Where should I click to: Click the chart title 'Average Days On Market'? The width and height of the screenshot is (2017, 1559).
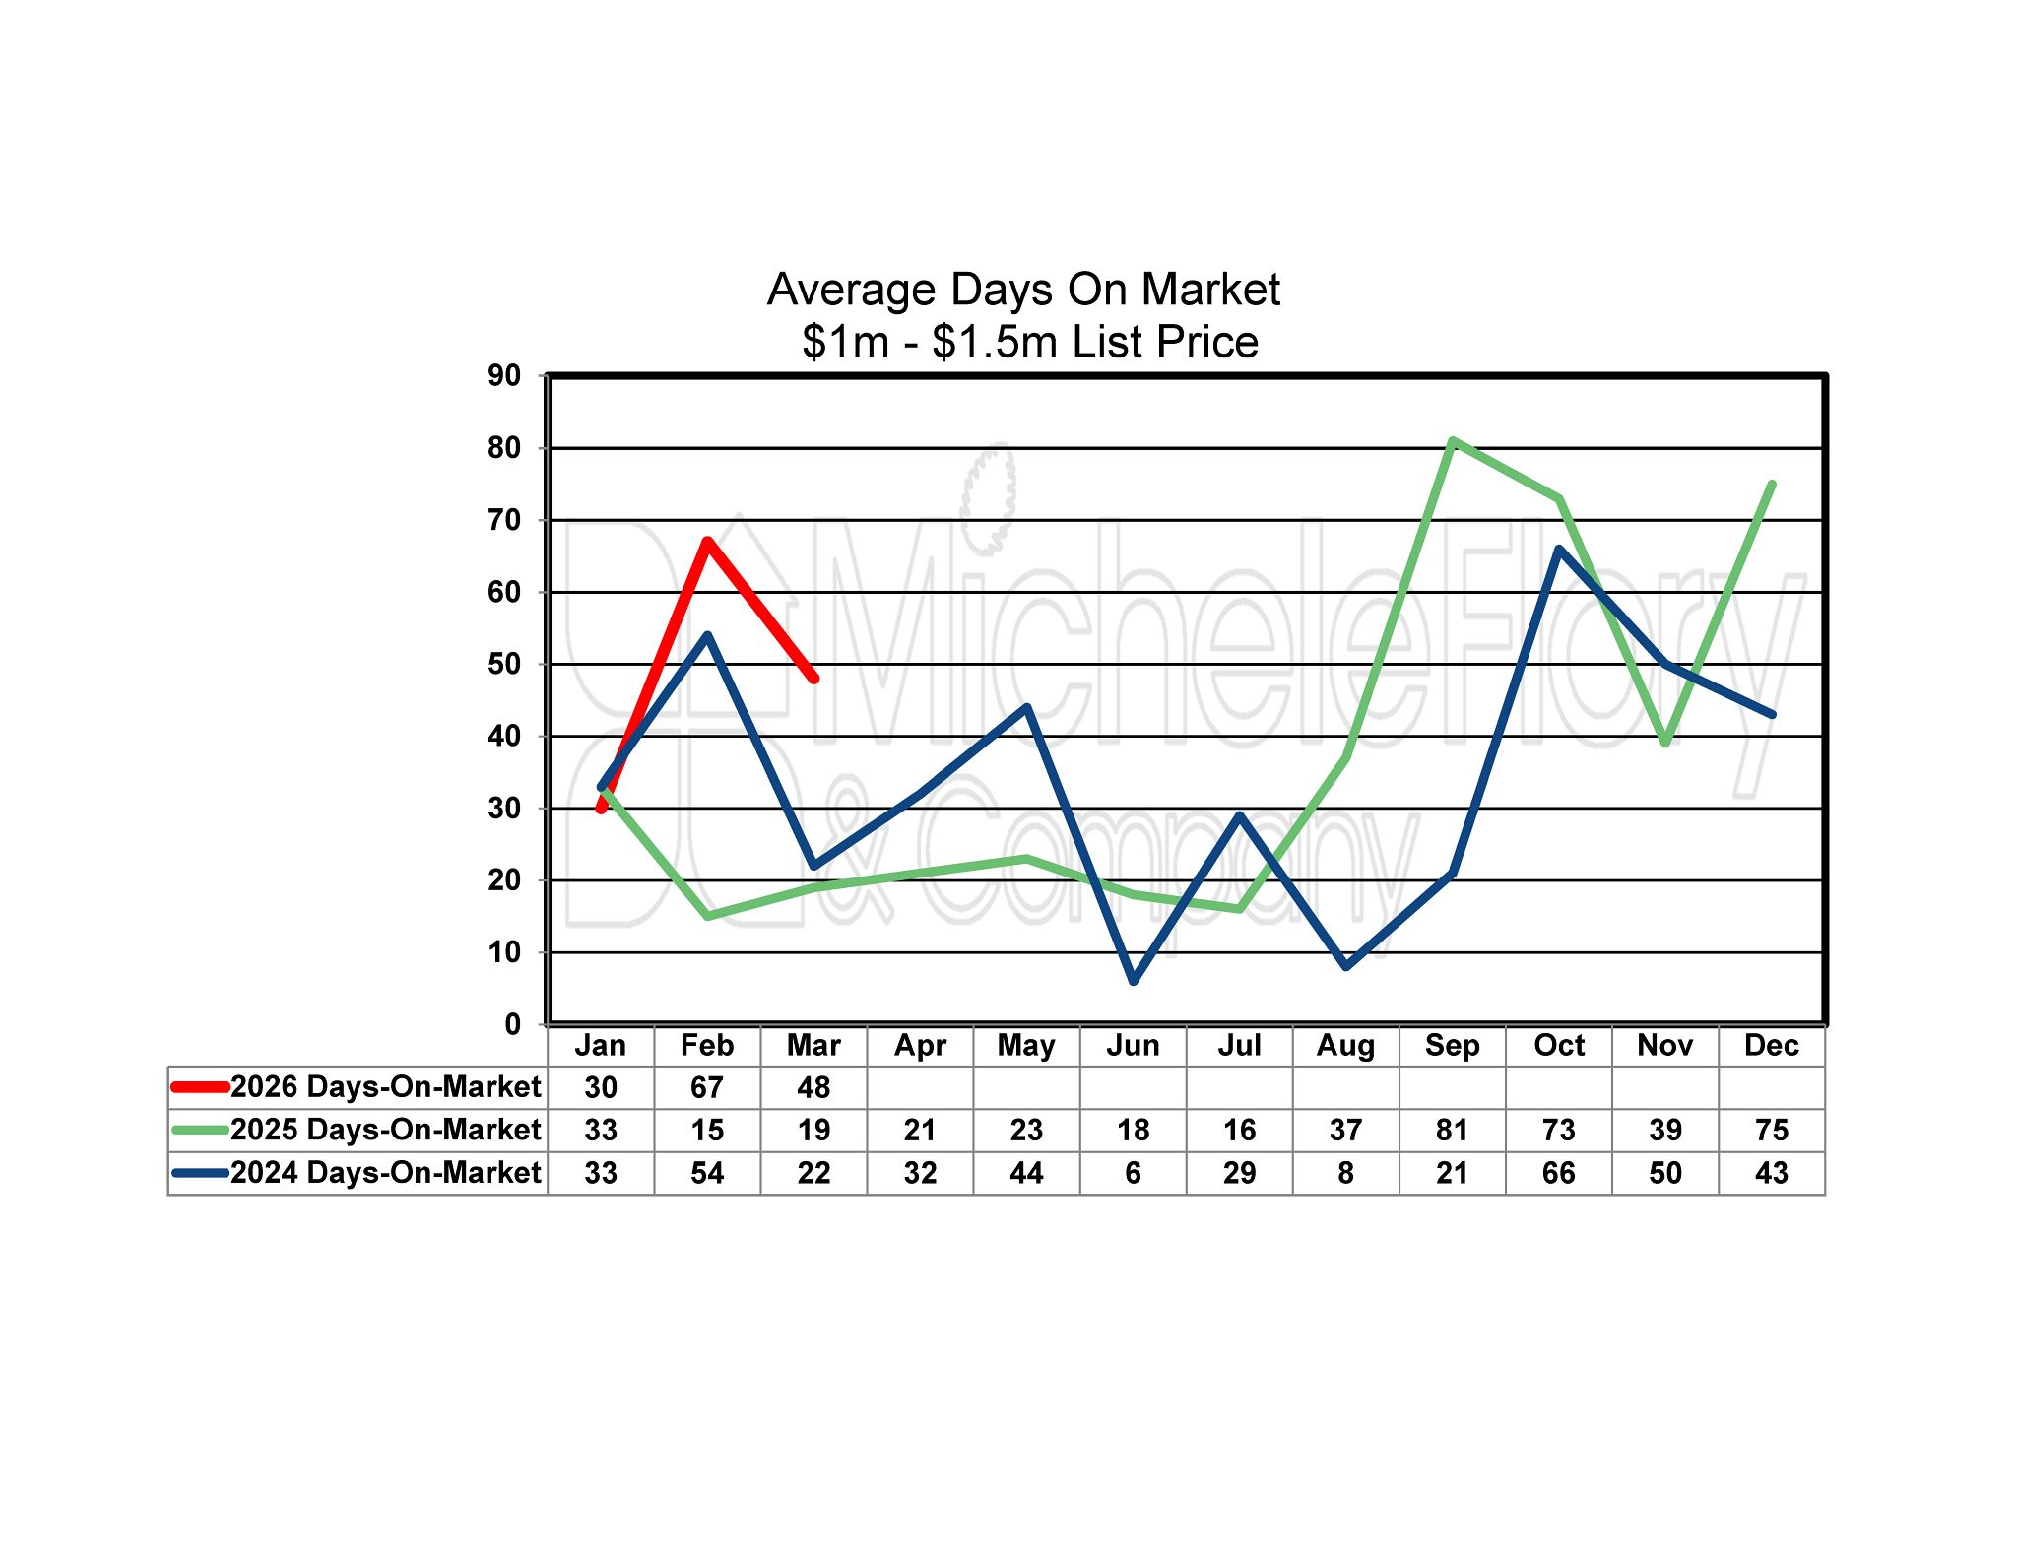(1023, 290)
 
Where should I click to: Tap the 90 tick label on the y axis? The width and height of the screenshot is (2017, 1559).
(504, 375)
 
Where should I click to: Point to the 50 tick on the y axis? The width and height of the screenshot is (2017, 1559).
(504, 664)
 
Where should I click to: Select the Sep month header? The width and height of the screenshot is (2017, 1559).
(1452, 1045)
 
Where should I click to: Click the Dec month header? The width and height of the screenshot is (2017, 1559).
(1771, 1045)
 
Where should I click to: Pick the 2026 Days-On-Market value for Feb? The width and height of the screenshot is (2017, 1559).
(707, 1087)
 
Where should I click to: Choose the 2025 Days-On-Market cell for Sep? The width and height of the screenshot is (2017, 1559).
(1452, 1130)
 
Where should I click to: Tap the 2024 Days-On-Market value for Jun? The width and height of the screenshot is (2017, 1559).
(1133, 1173)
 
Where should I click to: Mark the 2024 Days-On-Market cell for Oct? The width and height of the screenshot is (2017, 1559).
(1558, 1173)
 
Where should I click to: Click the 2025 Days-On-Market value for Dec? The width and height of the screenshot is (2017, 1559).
(1771, 1130)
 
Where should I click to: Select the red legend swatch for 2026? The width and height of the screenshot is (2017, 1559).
(200, 1087)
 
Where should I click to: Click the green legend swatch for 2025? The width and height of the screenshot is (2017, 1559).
(200, 1130)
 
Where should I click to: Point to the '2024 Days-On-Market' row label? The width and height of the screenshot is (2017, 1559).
(385, 1173)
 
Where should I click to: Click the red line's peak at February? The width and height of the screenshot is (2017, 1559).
(707, 541)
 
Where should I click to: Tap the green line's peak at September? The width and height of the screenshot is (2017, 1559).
(1453, 440)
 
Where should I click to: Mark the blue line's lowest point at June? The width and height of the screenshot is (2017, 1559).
(1134, 981)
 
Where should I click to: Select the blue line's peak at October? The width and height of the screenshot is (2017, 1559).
(1559, 549)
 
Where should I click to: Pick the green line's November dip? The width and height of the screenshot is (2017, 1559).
(1665, 744)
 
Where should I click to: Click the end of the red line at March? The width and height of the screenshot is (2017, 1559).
(814, 679)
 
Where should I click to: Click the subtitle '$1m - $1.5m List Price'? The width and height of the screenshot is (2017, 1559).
(1029, 342)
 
